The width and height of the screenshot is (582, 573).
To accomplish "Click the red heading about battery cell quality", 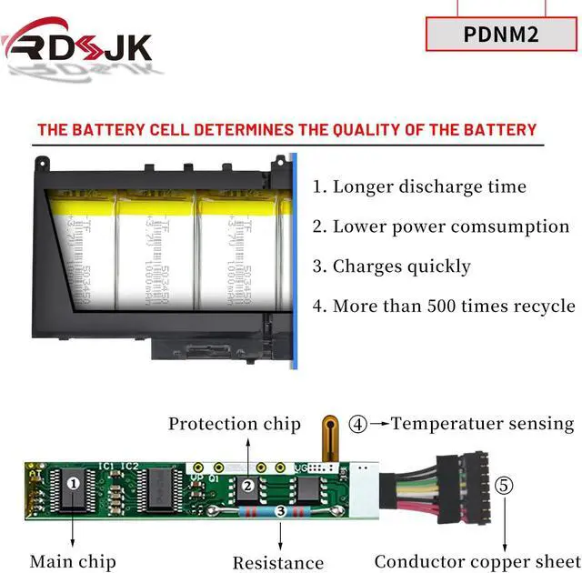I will coord(286,129).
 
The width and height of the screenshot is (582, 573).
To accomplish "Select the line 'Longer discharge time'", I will coord(419,186).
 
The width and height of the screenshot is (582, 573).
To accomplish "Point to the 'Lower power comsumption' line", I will coord(441,226).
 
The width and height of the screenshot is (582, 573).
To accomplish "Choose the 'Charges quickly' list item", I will coord(392,266).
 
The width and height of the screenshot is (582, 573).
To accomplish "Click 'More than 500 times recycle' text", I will coord(444,306).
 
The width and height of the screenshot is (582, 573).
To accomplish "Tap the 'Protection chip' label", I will coord(234,423).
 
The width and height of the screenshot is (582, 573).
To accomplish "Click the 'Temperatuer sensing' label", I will coord(483,423).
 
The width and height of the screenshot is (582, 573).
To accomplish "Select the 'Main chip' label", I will coord(72,561).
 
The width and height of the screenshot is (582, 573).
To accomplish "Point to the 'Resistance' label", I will coord(278,563).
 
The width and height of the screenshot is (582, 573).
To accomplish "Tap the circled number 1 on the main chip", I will coord(73,484).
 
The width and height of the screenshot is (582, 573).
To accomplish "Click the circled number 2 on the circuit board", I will coord(247,485).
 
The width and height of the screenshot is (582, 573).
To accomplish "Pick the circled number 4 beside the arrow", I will coord(359,423).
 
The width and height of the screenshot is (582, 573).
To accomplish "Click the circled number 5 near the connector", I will coord(504,485).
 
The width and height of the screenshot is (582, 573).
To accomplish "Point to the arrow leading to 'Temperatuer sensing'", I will coord(379,423).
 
